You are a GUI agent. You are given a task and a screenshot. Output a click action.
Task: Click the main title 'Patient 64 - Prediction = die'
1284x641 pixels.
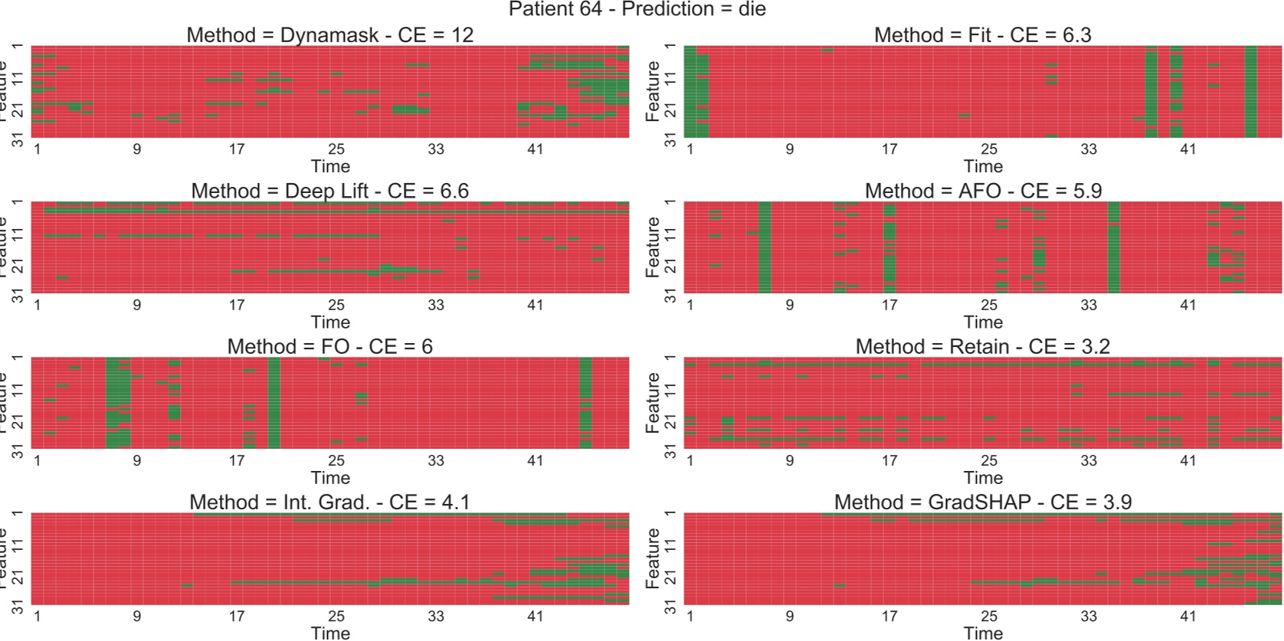click(637, 9)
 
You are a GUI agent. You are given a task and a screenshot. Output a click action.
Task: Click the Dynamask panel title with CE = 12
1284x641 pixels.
click(330, 35)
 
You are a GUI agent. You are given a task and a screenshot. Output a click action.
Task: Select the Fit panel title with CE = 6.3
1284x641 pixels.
click(983, 35)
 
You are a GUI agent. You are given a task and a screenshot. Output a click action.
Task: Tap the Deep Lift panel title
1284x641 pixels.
click(330, 191)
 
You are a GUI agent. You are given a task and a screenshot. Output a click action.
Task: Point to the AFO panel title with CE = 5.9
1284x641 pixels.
click(983, 191)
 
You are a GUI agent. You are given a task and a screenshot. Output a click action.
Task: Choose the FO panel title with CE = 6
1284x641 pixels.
click(330, 346)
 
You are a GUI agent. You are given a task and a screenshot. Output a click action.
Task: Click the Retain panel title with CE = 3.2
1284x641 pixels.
click(983, 346)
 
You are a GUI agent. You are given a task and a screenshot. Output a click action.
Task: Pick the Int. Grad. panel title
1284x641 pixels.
click(330, 502)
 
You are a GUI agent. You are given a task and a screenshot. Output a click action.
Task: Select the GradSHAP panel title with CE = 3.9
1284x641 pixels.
click(983, 502)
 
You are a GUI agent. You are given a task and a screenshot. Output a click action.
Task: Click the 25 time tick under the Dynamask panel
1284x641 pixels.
click(336, 149)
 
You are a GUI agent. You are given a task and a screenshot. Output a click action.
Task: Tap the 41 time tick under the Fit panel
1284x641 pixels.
click(1188, 149)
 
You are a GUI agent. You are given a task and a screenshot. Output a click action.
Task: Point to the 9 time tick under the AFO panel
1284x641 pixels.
click(790, 305)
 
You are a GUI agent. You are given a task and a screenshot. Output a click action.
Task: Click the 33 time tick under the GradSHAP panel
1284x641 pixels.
click(1089, 616)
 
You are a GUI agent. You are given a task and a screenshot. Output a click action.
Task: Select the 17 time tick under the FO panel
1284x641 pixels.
click(237, 460)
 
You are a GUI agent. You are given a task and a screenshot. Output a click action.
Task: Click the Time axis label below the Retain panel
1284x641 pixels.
click(983, 477)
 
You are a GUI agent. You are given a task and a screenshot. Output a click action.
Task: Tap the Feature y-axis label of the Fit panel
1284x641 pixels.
click(653, 92)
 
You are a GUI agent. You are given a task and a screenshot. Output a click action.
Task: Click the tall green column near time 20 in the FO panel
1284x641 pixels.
click(274, 402)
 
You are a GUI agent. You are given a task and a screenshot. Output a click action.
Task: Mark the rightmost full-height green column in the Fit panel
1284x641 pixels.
click(1251, 92)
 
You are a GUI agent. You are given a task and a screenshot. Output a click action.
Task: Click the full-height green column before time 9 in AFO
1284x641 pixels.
click(765, 247)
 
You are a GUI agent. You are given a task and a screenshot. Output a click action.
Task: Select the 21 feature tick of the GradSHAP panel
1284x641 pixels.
click(671, 577)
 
